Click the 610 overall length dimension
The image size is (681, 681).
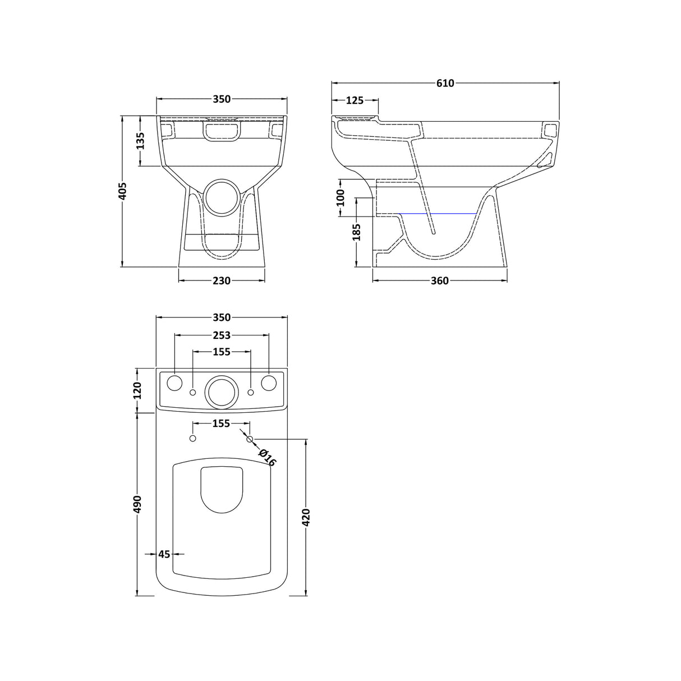(x=445, y=84)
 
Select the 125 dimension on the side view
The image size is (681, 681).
(x=354, y=100)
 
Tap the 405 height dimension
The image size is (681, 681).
(x=123, y=191)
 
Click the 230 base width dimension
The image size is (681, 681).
(x=222, y=280)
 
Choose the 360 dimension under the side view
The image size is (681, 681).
(x=440, y=280)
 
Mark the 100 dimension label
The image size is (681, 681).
(x=340, y=197)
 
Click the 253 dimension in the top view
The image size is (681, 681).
(x=222, y=335)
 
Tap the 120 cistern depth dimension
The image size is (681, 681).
(x=139, y=389)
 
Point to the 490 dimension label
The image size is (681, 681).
(x=139, y=504)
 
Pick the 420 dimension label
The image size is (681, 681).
(x=306, y=517)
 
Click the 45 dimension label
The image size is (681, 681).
(x=164, y=554)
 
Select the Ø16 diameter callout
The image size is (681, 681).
(x=268, y=458)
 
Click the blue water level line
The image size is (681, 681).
(x=438, y=214)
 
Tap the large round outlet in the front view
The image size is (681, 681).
(x=222, y=196)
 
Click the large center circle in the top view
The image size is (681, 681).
(x=222, y=390)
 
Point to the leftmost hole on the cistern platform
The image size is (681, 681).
(x=175, y=383)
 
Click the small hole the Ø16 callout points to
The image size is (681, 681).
(x=251, y=438)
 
